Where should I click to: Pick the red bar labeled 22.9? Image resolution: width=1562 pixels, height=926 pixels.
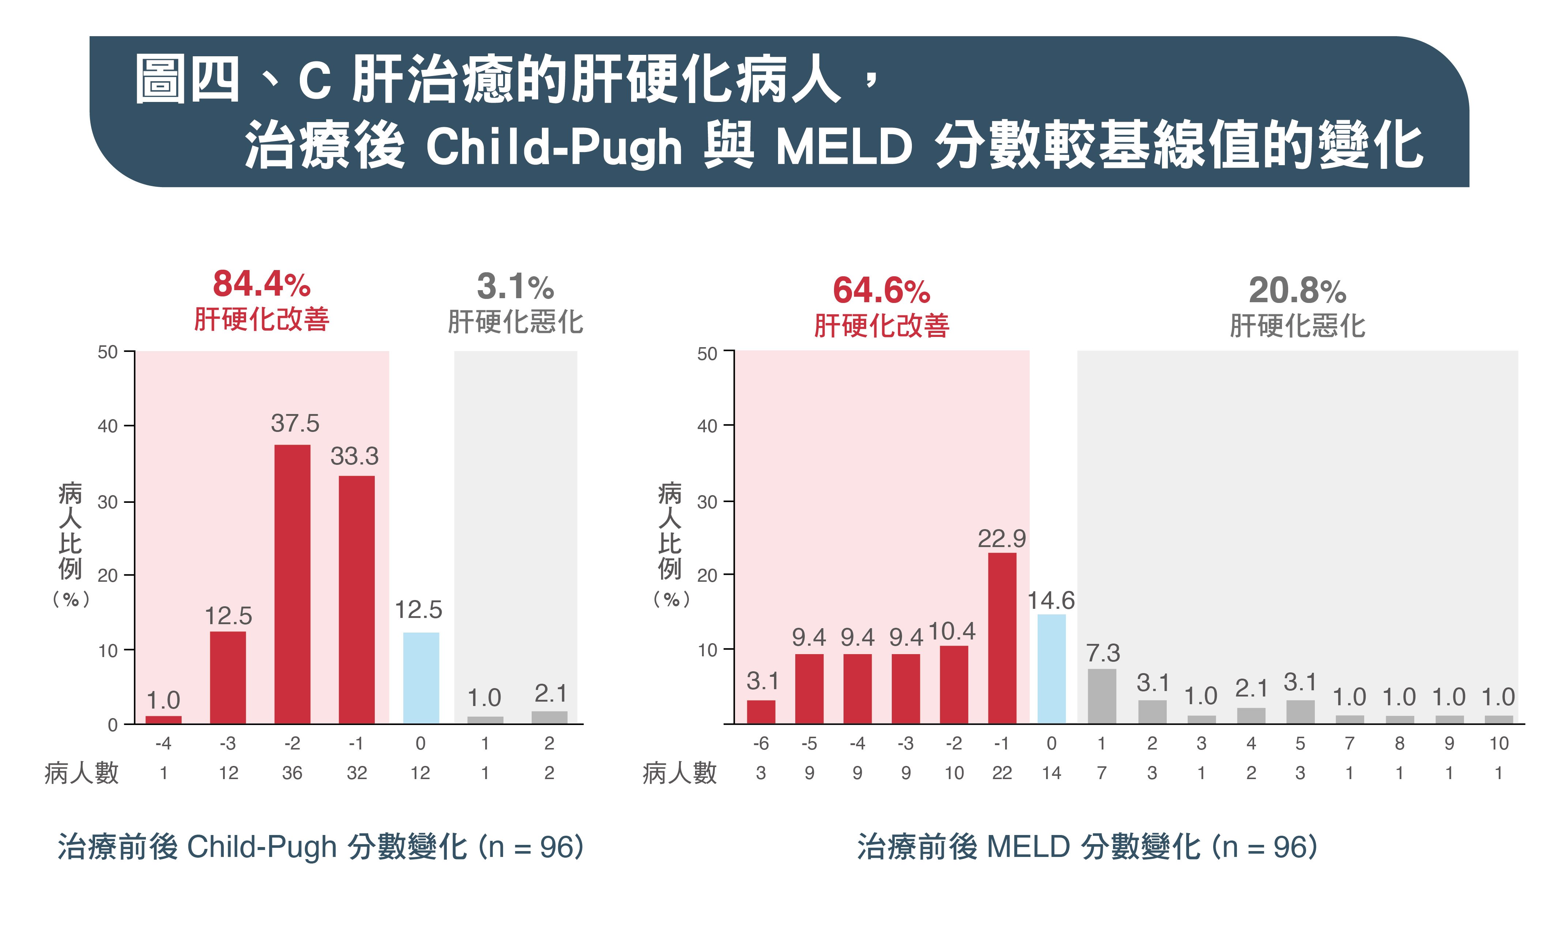(x=1002, y=638)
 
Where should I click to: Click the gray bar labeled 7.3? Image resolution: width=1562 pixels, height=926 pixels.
(x=1102, y=697)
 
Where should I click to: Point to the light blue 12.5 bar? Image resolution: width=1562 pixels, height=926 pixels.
(x=421, y=678)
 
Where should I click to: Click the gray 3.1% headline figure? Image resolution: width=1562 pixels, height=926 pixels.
(x=516, y=286)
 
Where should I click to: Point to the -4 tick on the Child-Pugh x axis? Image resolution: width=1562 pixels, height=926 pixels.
(x=163, y=743)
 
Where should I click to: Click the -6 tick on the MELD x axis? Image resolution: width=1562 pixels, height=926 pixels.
(x=761, y=743)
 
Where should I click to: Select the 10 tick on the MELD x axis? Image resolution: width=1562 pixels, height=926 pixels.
(x=1498, y=743)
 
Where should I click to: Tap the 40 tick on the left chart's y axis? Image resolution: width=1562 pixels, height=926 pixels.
(x=107, y=426)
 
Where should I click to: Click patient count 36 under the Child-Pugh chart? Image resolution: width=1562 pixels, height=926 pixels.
(x=292, y=773)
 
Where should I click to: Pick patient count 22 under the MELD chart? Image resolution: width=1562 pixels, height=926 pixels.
(x=1002, y=773)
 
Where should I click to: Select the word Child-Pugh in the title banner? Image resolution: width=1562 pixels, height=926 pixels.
(x=554, y=148)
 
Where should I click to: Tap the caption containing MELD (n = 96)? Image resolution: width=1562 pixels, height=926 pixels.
(x=1087, y=847)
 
